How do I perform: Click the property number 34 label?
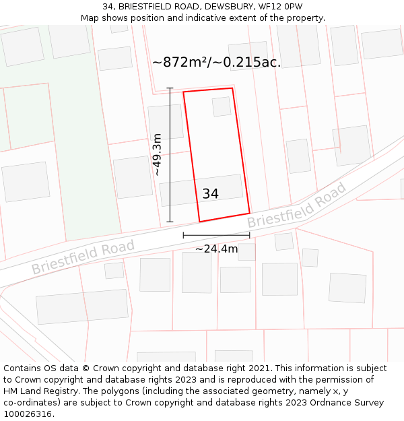click(210, 194)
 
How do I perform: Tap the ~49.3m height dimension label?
click(157, 154)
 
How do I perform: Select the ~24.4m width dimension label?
click(216, 249)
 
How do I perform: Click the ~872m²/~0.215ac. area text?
click(216, 63)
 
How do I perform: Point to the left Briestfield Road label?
click(83, 257)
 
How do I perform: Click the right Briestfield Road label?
click(296, 205)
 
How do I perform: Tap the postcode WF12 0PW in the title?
click(279, 7)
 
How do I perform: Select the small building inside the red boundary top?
click(222, 106)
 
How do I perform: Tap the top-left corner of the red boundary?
click(184, 91)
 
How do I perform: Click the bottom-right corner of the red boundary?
click(249, 213)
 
